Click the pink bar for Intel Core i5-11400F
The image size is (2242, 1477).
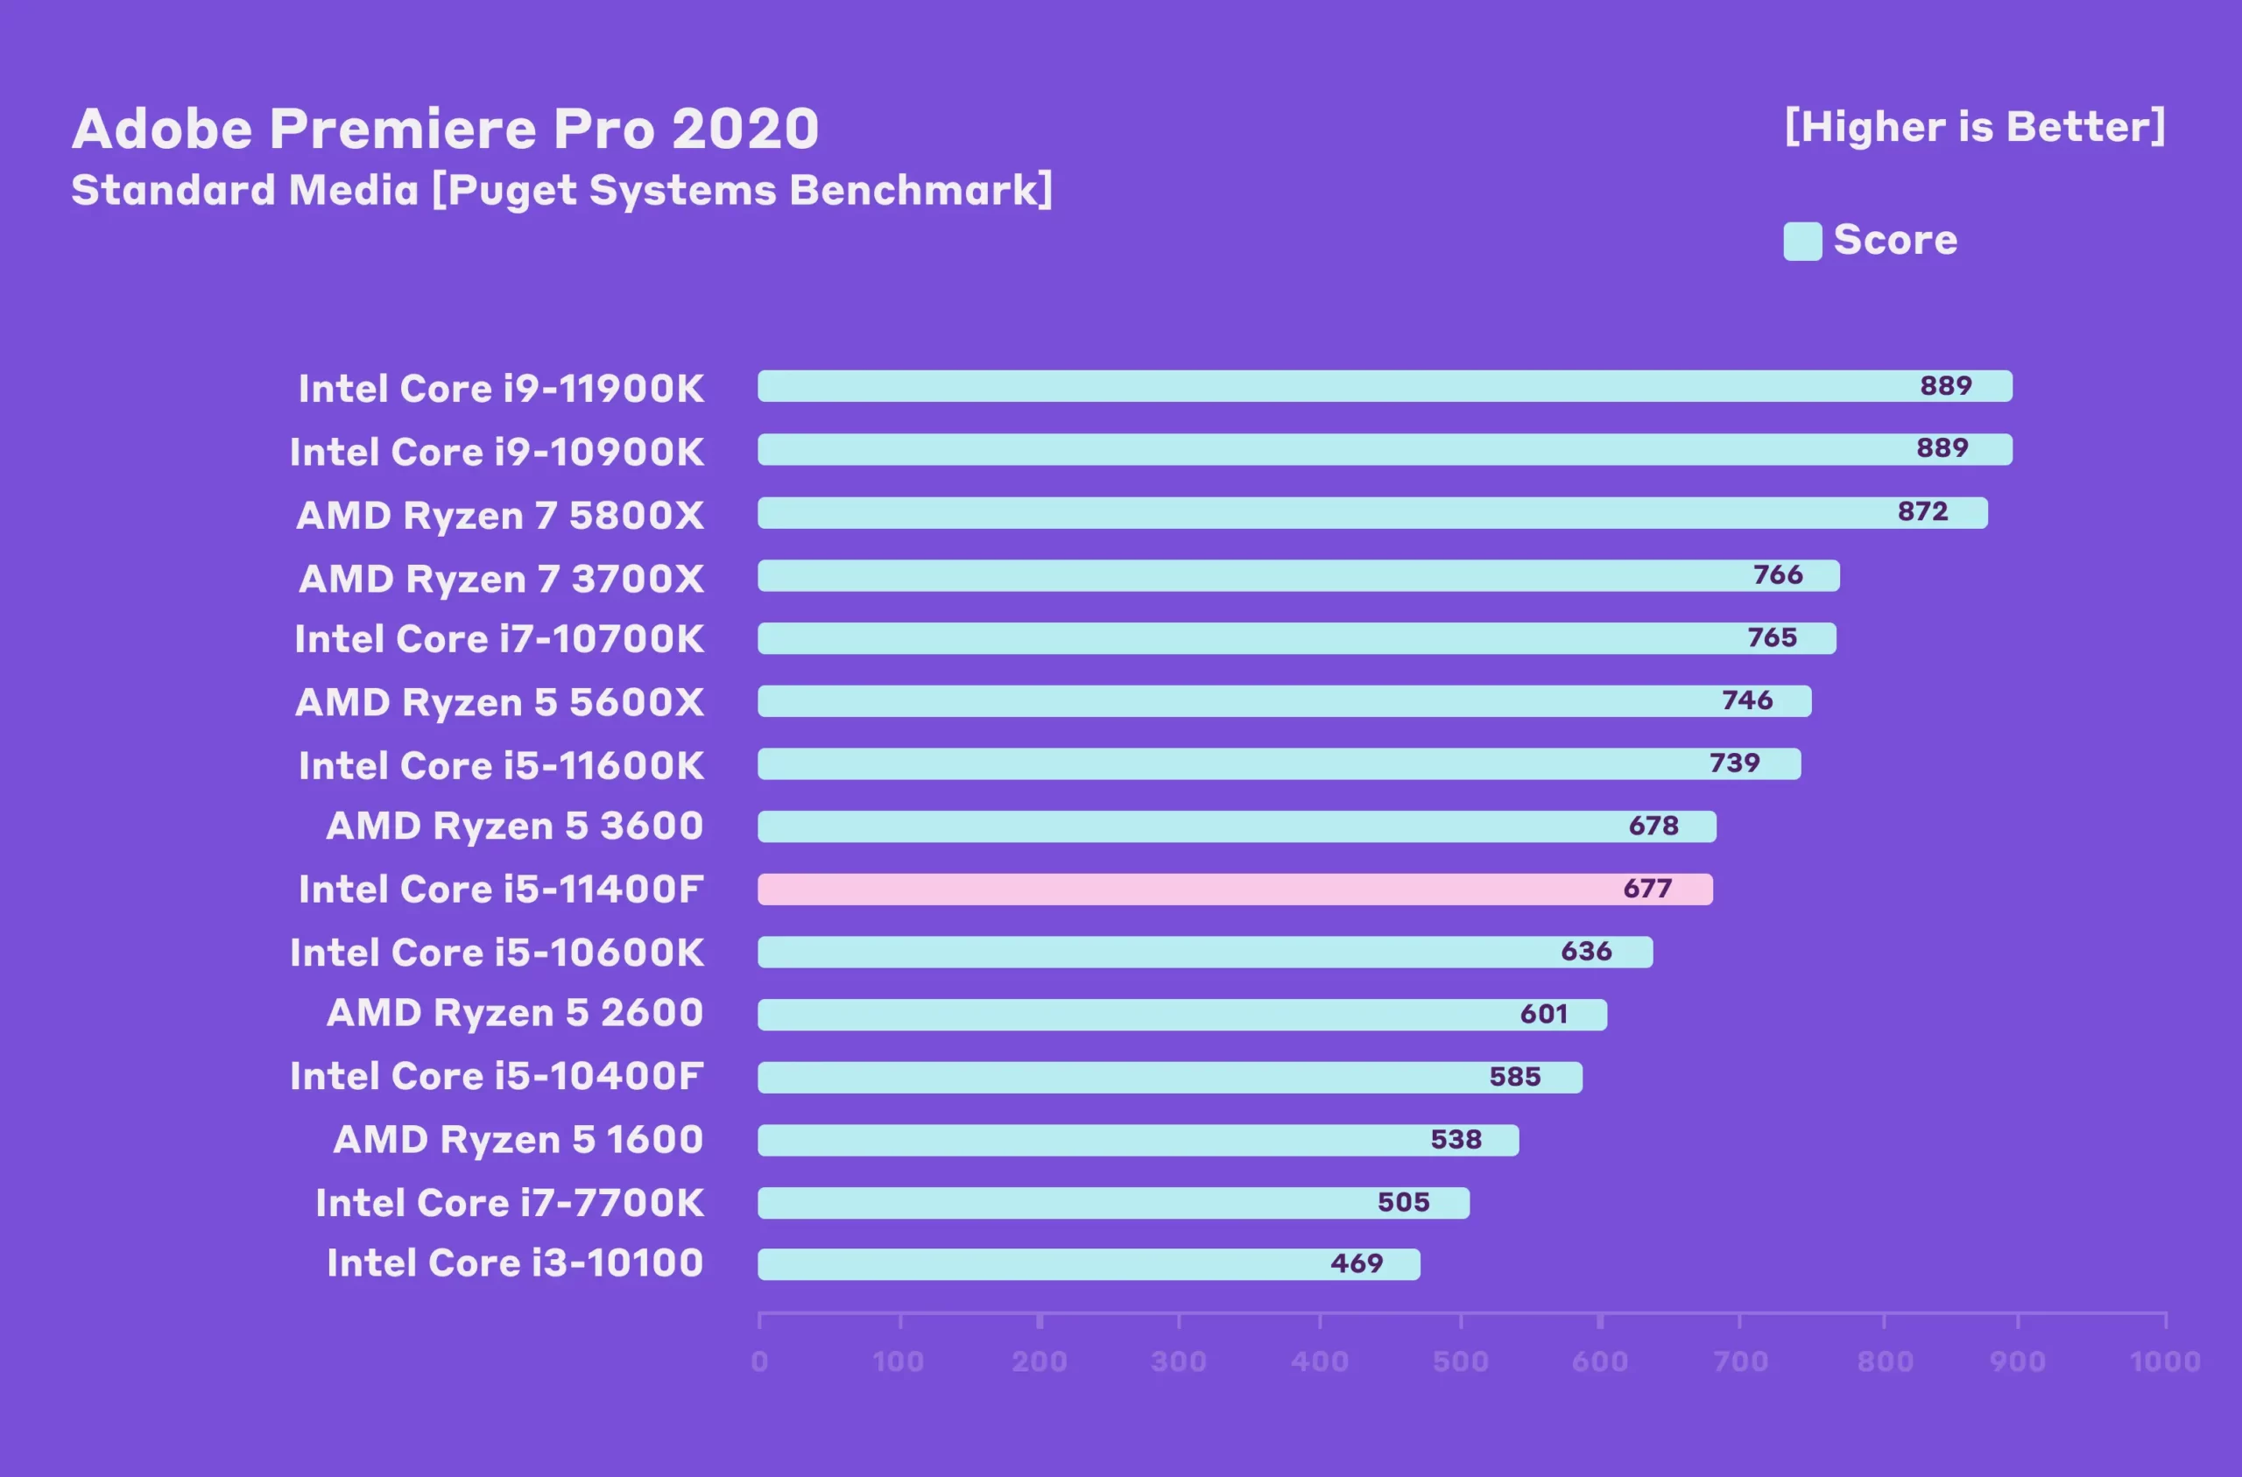[1234, 890]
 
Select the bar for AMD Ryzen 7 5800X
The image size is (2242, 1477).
[1371, 512]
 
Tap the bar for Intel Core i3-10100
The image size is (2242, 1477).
[1088, 1264]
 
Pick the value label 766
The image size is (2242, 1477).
[1778, 574]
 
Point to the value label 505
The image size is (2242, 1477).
[1404, 1202]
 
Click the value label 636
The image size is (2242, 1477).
[1586, 952]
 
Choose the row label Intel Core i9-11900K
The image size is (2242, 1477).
[501, 389]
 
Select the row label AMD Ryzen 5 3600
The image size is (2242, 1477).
[514, 826]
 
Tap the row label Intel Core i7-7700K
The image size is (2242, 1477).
[510, 1203]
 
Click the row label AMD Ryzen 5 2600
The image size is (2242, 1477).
[514, 1014]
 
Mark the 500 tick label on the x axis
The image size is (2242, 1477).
[1460, 1361]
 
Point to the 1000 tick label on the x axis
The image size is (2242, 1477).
[2165, 1361]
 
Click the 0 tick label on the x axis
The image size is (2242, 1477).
[759, 1361]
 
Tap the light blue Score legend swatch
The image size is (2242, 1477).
[1802, 241]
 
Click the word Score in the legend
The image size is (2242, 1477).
[1895, 240]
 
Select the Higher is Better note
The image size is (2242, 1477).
[1975, 127]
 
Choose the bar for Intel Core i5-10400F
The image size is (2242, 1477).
[1169, 1078]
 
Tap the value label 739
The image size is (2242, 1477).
[1734, 763]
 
